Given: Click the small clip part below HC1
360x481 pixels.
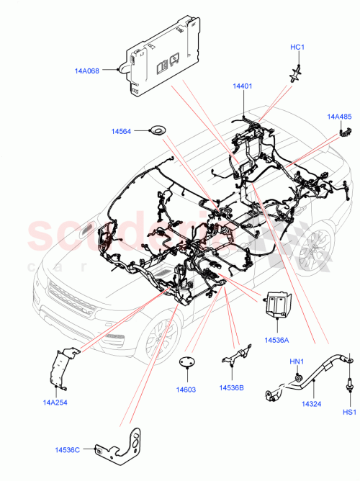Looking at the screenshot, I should pos(295,71).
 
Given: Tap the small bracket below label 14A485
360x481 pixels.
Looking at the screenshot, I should pos(345,130).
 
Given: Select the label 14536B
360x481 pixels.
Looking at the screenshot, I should pos(231,388).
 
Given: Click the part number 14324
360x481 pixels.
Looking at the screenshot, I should pos(311,404).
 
